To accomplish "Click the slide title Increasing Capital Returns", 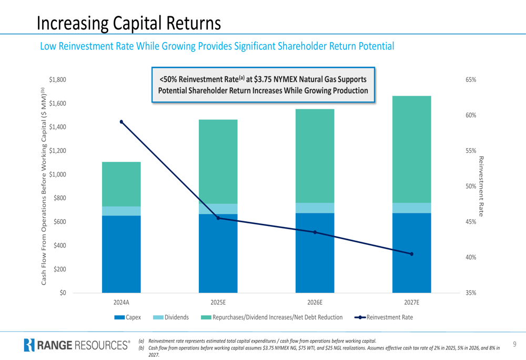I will pyautogui.click(x=129, y=23).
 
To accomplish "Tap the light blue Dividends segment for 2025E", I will pyautogui.click(x=218, y=209).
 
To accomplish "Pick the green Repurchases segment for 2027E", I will pyautogui.click(x=411, y=149).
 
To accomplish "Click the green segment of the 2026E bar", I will pyautogui.click(x=315, y=156).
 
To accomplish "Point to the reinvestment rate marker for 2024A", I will pyautogui.click(x=122, y=122).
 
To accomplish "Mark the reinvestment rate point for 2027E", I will pyautogui.click(x=411, y=254).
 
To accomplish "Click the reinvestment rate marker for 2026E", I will pyautogui.click(x=315, y=232).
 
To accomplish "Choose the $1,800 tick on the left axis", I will pyautogui.click(x=57, y=80).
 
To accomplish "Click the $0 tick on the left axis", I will pyautogui.click(x=63, y=293).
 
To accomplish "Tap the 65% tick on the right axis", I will pyautogui.click(x=471, y=80).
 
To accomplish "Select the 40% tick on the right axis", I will pyautogui.click(x=471, y=258).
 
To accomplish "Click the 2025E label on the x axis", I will pyautogui.click(x=218, y=303).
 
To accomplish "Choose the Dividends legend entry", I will pyautogui.click(x=171, y=317).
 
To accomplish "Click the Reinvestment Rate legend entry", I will pyautogui.click(x=384, y=317).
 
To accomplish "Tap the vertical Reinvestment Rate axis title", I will pyautogui.click(x=480, y=186).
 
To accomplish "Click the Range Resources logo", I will pyautogui.click(x=77, y=345).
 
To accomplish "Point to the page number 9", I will pyautogui.click(x=514, y=344).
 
